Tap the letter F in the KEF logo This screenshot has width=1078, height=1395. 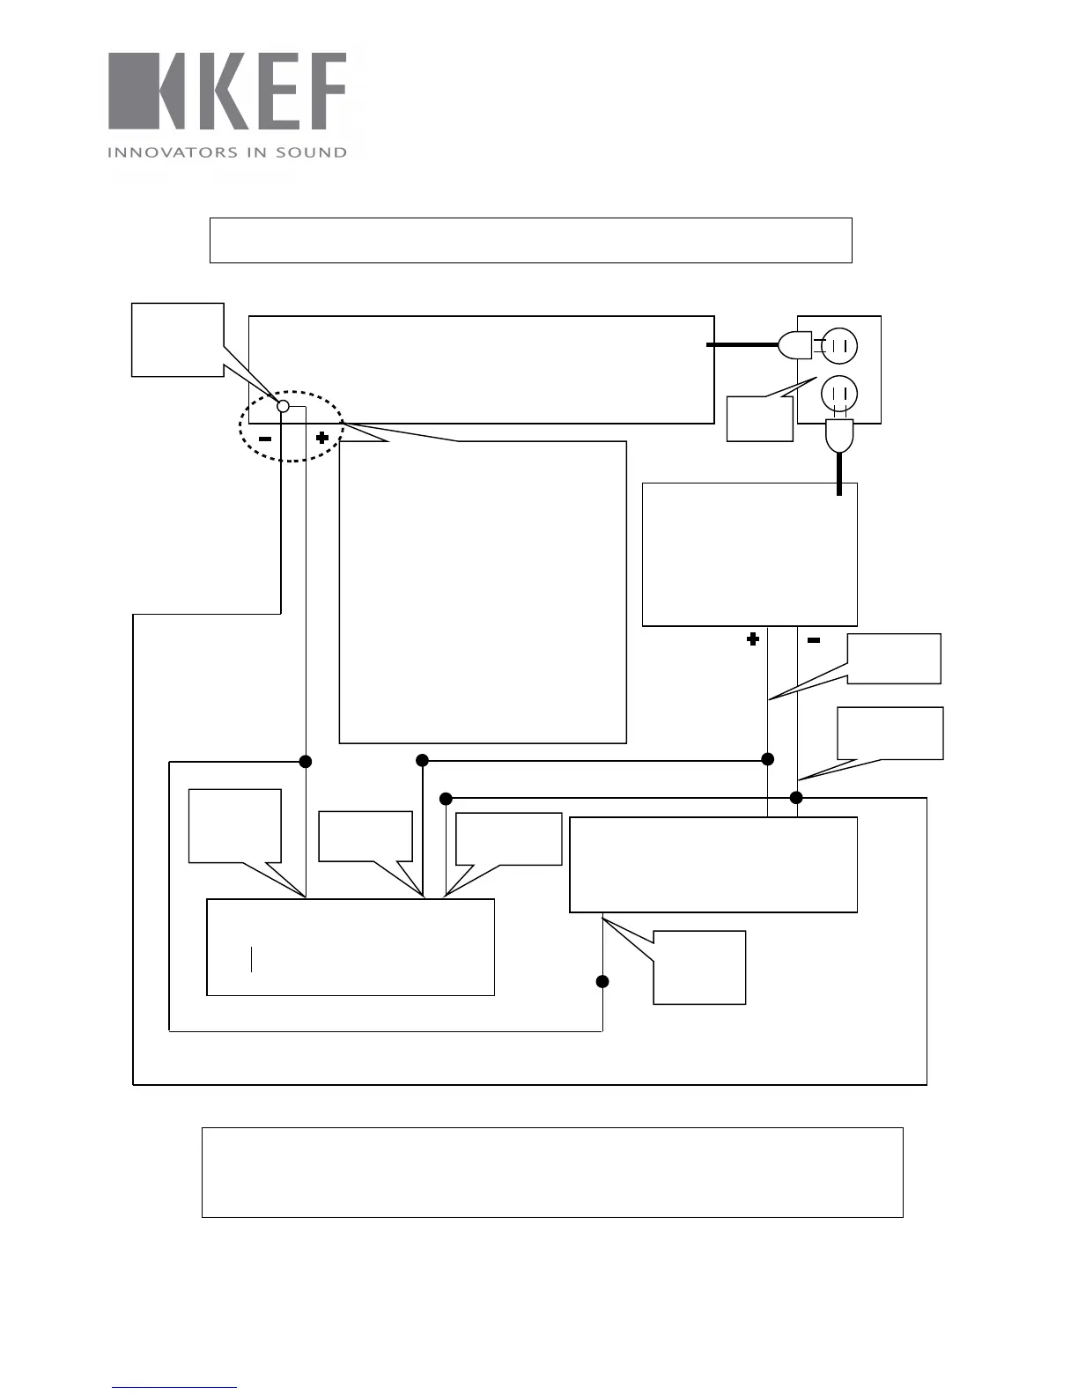324,92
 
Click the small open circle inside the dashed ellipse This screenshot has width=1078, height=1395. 284,406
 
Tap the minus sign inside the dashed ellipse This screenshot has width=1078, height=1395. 264,438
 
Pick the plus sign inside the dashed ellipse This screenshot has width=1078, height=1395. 322,437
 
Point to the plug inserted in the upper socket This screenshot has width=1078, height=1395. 795,345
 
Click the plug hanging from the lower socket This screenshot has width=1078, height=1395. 839,436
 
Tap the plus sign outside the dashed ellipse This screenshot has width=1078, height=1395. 753,639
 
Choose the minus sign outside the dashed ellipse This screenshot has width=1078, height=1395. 814,640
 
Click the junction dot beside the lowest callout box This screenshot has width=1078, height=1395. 602,981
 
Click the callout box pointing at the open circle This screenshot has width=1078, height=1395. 177,339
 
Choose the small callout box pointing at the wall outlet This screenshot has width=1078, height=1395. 759,418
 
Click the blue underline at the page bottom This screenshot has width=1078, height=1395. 174,1388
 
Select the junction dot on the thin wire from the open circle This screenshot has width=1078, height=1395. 306,761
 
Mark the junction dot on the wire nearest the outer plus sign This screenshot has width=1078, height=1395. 768,759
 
